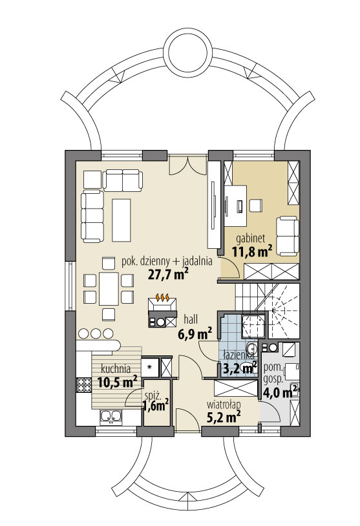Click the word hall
[x=191, y=319]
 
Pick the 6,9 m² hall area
[x=196, y=333]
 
